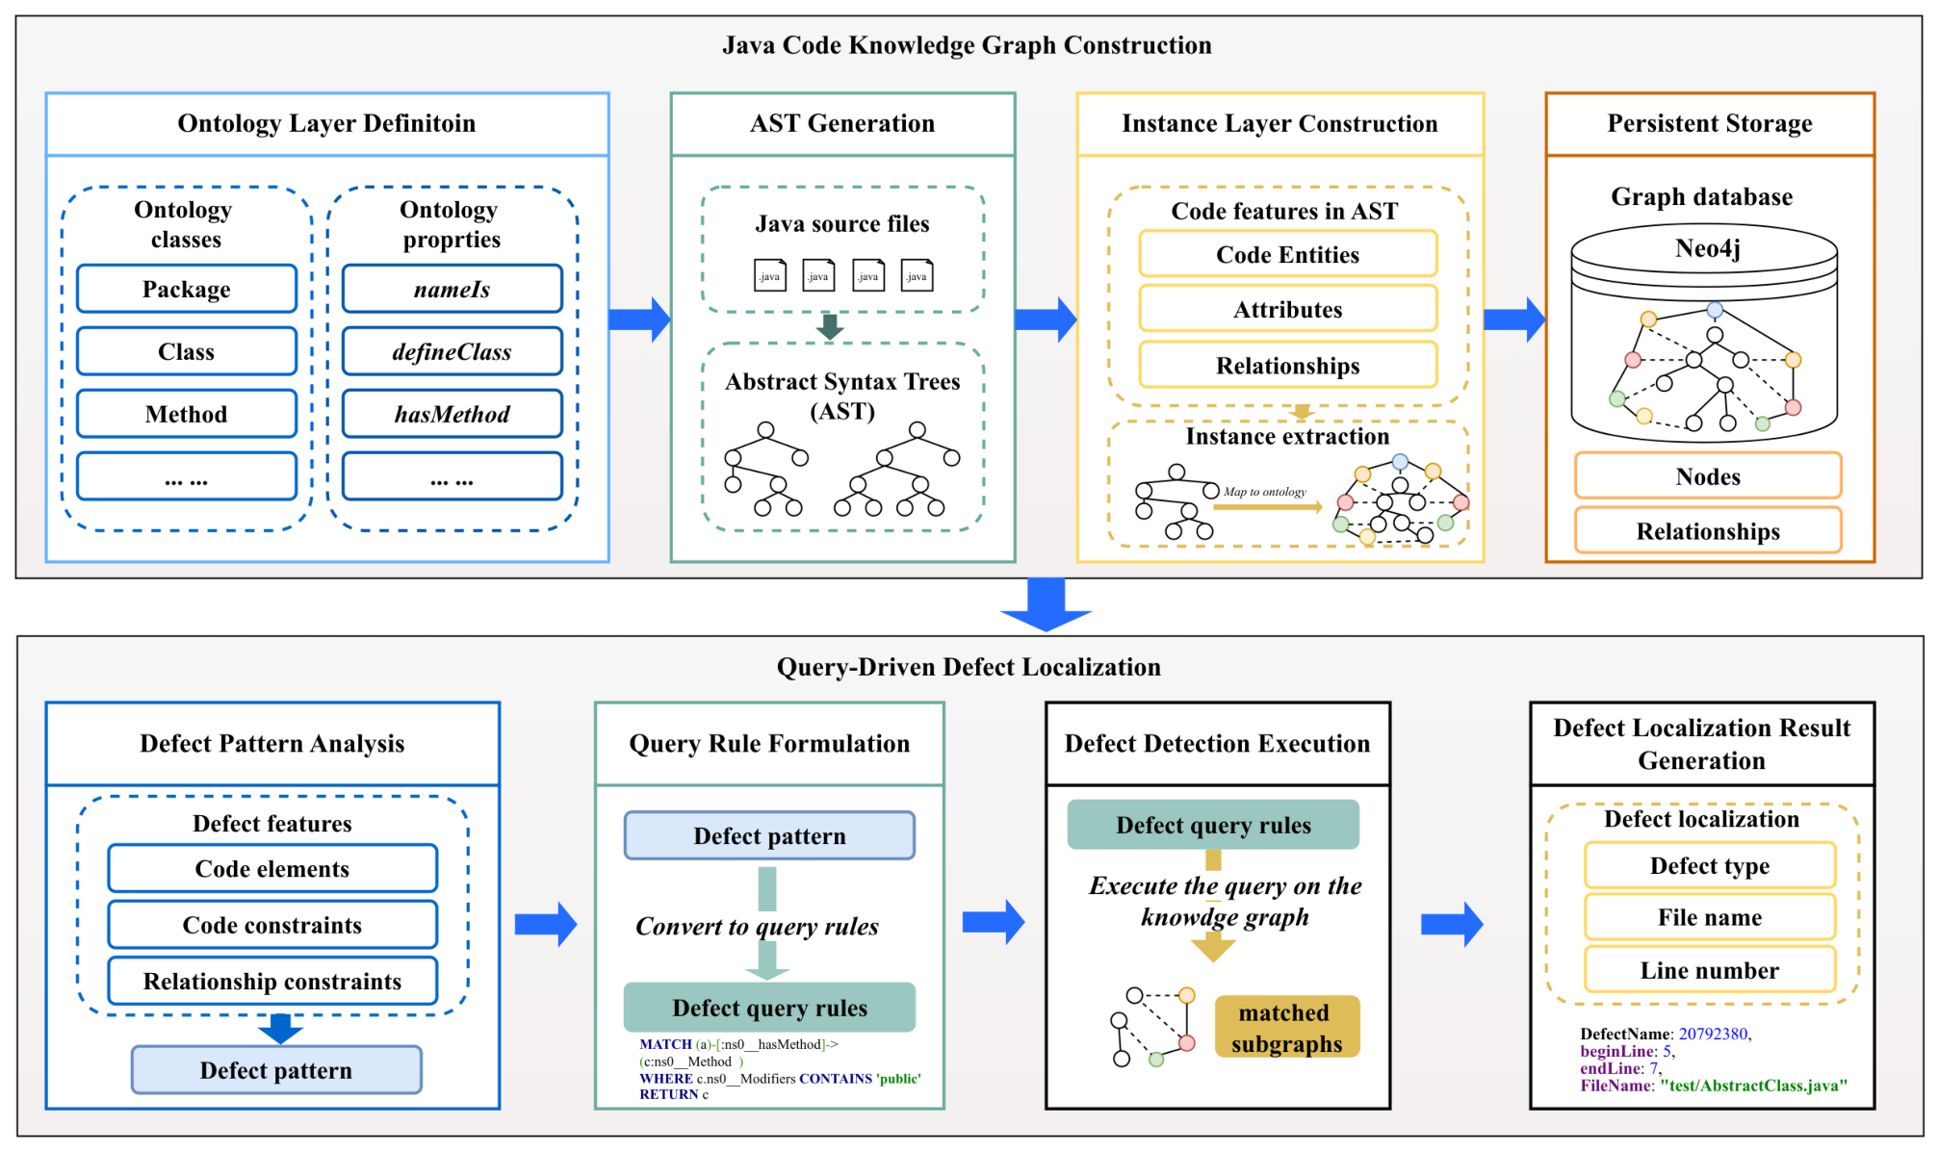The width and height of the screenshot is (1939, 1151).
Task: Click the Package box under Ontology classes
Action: coord(187,289)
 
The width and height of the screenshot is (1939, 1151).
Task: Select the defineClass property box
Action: coord(452,351)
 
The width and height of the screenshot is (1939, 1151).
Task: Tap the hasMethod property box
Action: coord(452,414)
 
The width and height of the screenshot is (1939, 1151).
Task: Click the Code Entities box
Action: coord(1288,254)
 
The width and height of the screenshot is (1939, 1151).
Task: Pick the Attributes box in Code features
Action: coord(1288,309)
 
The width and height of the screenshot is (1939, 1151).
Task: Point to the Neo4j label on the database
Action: coord(1707,248)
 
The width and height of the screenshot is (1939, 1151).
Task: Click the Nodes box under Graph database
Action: coord(1708,475)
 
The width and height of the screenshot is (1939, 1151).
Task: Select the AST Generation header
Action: coord(842,123)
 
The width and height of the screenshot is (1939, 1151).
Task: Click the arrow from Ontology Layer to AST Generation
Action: coord(640,320)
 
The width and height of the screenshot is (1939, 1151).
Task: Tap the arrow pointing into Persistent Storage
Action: coord(1514,320)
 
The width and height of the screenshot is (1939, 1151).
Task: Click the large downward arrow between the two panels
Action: coord(1046,604)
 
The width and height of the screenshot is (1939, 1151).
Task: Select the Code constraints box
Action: coord(272,925)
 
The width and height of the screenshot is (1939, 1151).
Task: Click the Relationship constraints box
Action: coord(272,981)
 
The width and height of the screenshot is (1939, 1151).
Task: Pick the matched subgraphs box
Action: coord(1287,1027)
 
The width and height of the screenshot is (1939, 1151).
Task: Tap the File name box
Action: coord(1710,917)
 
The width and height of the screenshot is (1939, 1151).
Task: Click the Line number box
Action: coord(1710,970)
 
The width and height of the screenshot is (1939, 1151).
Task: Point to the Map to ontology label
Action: coord(1265,492)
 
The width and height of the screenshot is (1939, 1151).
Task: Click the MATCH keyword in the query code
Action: coord(665,1044)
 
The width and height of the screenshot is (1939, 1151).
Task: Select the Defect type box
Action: coord(1710,865)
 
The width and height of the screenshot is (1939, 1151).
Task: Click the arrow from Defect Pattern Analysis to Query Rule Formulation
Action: coord(546,925)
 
